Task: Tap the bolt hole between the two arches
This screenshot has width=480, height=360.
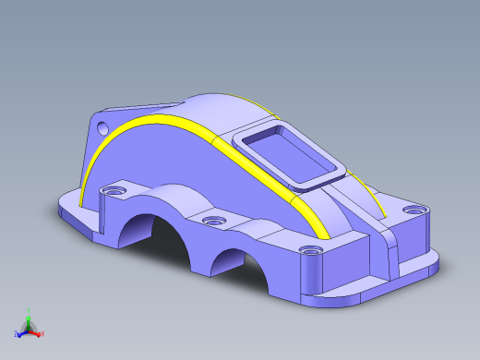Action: (213, 222)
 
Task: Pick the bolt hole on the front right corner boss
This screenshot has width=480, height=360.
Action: (309, 250)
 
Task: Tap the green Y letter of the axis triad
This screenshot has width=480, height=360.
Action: (29, 311)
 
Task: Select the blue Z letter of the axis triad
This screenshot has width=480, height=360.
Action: (16, 332)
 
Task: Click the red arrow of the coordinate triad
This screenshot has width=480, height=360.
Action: (37, 331)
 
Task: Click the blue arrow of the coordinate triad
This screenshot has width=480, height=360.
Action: (22, 330)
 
